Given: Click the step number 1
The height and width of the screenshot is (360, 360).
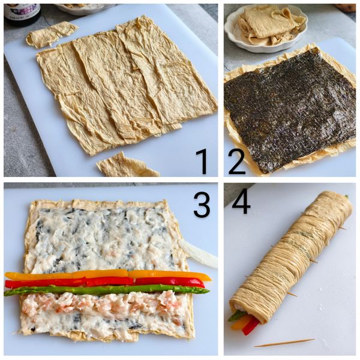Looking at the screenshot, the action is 203,161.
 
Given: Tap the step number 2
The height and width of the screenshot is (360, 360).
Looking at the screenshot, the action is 237,161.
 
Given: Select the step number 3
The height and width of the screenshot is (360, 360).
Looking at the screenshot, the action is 202,205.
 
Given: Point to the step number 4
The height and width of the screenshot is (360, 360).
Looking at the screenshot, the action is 241,202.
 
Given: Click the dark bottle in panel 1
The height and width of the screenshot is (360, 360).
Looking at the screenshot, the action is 23,12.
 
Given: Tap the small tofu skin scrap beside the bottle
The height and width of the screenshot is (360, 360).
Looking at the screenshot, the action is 51,34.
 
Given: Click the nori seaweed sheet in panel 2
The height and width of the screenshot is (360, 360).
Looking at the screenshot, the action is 290,109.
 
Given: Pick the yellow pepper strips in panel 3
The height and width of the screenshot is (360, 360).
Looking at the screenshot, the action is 108,275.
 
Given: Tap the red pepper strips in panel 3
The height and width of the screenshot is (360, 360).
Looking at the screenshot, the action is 104,282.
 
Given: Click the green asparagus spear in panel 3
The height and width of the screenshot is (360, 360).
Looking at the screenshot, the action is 107,290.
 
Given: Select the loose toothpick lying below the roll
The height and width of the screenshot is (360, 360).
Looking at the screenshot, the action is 284,343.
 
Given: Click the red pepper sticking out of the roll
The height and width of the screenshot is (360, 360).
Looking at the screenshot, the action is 251,326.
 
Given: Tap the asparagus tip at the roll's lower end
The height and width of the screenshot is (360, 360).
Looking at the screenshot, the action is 235,316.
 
